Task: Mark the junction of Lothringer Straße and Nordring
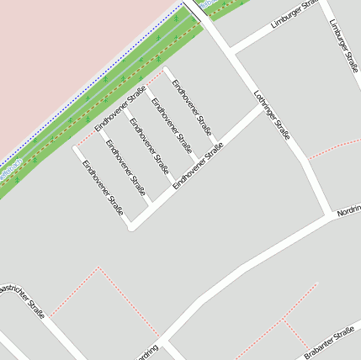coord(331,215)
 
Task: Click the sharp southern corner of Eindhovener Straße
coord(131,226)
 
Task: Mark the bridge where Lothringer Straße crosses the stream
coord(194,8)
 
